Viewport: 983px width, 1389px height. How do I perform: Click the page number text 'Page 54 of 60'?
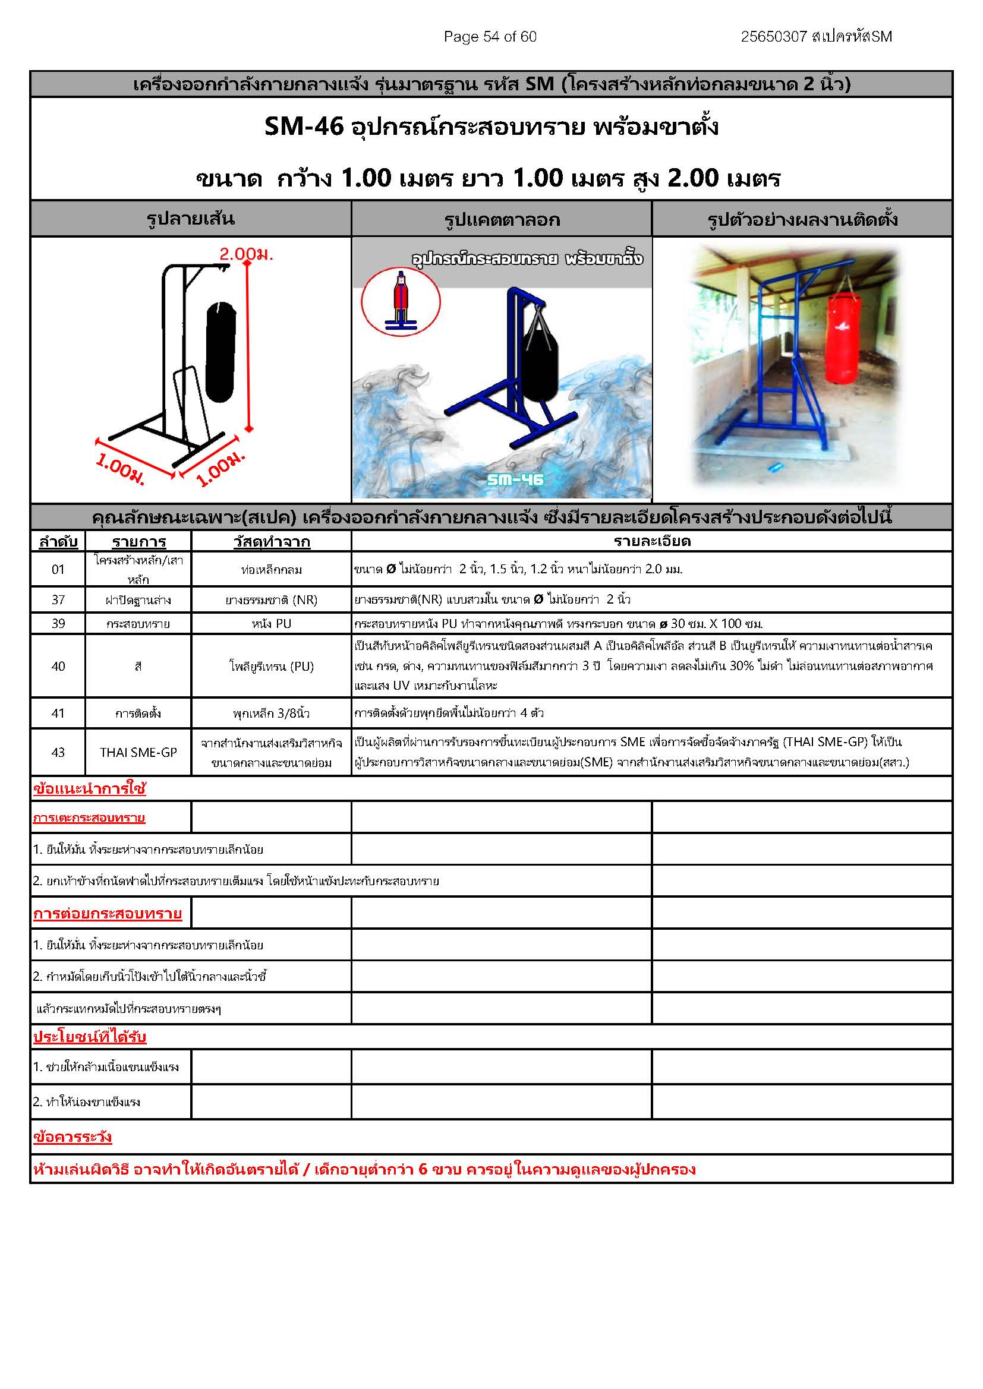[x=490, y=37]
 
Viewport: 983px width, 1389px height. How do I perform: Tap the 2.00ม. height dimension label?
[x=246, y=254]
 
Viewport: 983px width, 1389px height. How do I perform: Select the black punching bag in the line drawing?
[x=220, y=353]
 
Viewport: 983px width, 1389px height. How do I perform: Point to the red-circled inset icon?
[x=401, y=302]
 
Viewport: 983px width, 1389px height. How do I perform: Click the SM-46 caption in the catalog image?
[x=515, y=480]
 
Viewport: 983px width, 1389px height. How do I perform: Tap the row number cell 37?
[x=58, y=599]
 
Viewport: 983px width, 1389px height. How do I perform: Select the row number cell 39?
[x=58, y=623]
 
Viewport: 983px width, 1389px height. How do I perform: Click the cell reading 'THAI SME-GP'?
[x=138, y=752]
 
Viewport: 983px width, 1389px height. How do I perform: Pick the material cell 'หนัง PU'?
[x=271, y=623]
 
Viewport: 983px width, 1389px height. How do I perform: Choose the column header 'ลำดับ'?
[x=58, y=541]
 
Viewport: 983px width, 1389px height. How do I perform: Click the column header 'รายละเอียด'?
[x=651, y=541]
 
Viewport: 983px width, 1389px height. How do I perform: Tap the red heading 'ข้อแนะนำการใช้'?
[x=90, y=788]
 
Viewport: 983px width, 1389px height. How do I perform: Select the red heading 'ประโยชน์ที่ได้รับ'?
[x=90, y=1037]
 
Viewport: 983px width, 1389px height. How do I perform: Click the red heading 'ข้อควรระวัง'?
[x=73, y=1137]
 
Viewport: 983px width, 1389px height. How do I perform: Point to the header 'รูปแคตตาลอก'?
[x=502, y=219]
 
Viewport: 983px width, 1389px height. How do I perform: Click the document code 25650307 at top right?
[x=774, y=37]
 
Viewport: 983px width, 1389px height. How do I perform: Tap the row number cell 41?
[x=58, y=714]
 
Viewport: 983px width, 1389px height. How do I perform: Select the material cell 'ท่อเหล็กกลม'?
[x=271, y=569]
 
